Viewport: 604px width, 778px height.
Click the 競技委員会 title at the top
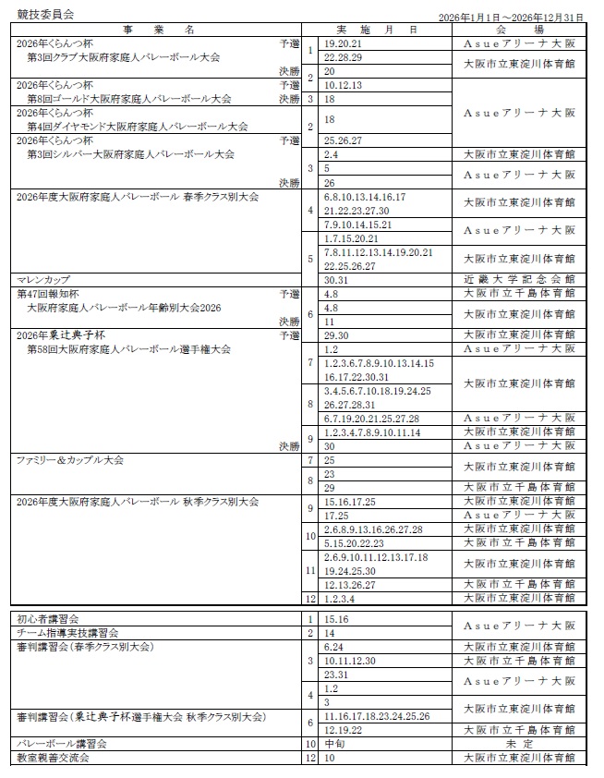[x=44, y=16]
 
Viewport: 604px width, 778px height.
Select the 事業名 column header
[x=157, y=30]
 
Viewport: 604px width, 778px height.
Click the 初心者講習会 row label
[x=48, y=618]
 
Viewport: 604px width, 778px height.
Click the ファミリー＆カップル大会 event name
[x=70, y=459]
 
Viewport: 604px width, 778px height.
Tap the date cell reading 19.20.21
[x=344, y=43]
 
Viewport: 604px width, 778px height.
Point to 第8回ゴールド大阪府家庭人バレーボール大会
[x=129, y=99]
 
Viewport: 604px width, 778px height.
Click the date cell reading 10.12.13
[x=344, y=85]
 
